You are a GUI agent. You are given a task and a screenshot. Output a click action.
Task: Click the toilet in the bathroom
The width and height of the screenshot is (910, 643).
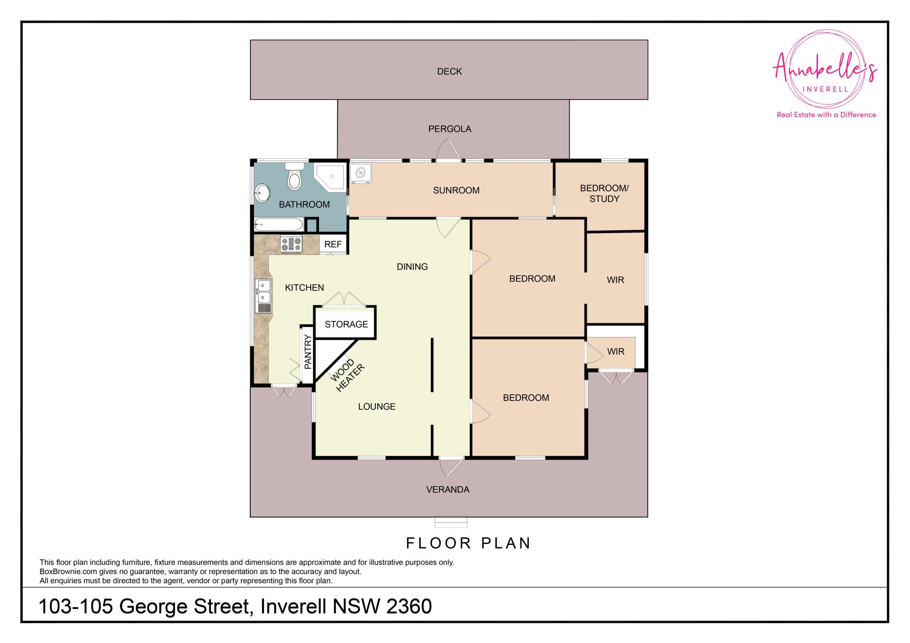(x=294, y=176)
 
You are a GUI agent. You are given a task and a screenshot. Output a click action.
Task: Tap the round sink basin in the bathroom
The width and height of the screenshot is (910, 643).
(x=262, y=193)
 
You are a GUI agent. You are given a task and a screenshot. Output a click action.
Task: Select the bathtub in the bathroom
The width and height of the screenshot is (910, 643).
(x=279, y=224)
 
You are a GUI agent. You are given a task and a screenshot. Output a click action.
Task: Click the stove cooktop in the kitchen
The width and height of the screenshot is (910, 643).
(x=291, y=244)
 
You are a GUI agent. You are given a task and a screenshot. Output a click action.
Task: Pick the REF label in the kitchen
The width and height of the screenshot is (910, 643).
(x=333, y=245)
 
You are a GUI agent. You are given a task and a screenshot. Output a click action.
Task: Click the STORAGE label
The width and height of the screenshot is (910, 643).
(x=346, y=325)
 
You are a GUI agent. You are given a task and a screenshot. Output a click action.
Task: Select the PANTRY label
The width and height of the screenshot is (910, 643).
(x=308, y=352)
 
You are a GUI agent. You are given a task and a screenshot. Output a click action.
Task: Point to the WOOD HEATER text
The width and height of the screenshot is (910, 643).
(x=346, y=374)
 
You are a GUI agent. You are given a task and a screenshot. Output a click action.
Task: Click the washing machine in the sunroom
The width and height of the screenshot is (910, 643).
(x=361, y=173)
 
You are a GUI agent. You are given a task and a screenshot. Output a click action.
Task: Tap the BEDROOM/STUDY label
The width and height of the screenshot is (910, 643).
(x=604, y=193)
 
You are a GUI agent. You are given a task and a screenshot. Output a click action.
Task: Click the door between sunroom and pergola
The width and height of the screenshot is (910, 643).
(x=448, y=151)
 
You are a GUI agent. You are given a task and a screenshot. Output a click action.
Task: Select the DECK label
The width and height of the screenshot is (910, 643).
(x=449, y=72)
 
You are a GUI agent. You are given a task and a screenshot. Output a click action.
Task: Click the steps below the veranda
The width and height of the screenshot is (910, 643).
(x=451, y=522)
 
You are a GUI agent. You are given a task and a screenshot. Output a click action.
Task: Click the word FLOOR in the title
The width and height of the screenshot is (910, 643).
(x=439, y=543)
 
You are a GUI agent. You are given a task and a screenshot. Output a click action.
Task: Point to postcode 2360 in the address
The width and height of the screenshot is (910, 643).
(x=409, y=606)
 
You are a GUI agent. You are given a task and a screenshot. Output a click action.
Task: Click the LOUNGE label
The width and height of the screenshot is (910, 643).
(x=377, y=407)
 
